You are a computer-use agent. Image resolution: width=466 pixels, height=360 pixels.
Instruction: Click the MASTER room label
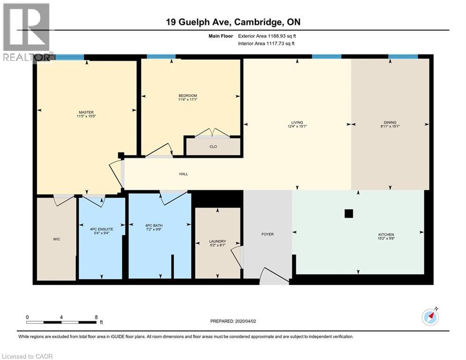[86, 112]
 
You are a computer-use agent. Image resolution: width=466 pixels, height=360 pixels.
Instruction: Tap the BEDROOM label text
[187, 96]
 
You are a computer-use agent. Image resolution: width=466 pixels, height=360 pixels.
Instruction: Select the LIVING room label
[297, 122]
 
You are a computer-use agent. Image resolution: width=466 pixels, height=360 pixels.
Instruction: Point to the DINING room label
[390, 122]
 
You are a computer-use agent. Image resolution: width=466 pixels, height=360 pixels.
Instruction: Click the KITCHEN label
[386, 234]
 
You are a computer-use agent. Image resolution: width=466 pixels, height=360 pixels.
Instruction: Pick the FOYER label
[267, 234]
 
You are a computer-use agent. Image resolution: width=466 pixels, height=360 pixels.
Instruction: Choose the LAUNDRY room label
[217, 242]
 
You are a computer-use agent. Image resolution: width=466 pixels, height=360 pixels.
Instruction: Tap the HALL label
[183, 174]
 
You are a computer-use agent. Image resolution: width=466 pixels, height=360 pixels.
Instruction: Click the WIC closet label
[56, 239]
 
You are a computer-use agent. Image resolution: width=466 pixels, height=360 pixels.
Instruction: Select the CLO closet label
[213, 146]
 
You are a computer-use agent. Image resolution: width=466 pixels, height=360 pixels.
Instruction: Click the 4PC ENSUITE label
[101, 229]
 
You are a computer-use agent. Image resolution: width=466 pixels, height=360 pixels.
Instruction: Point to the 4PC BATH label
[154, 226]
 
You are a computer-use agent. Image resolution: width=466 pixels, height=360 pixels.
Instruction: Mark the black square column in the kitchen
[348, 214]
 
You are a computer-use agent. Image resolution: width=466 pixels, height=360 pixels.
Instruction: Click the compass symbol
[430, 317]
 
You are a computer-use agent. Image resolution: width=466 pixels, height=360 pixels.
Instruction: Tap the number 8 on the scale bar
[96, 317]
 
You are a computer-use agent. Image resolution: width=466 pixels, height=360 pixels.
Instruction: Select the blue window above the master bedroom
[70, 57]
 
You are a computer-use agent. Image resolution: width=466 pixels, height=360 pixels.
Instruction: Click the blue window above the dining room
[403, 57]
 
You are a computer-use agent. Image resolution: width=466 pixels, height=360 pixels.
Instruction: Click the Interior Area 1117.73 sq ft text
[266, 44]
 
